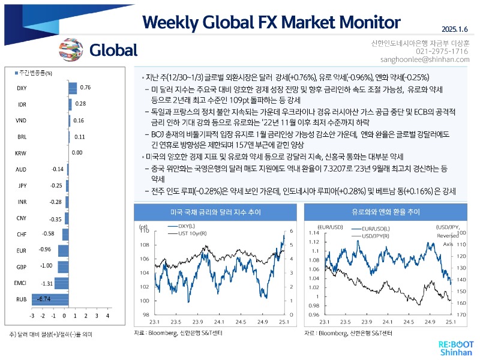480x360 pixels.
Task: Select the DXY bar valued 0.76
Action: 73,88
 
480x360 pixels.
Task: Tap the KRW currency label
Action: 21,154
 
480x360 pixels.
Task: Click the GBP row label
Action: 20,266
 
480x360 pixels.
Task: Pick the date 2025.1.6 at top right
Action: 455,28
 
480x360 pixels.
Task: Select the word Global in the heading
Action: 113,50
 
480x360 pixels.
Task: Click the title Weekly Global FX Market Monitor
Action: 271,22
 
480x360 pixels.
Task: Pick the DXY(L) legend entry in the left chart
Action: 188,226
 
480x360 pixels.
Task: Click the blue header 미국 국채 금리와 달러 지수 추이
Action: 215,212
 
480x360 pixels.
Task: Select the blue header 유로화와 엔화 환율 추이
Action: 386,212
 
